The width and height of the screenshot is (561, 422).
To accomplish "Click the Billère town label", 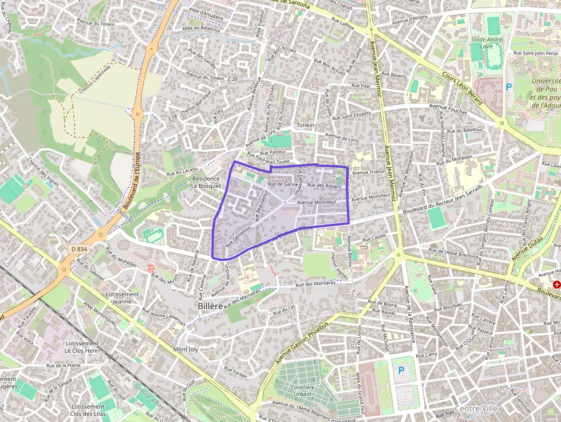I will [210, 306].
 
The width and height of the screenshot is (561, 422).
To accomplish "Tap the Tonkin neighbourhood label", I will [306, 125].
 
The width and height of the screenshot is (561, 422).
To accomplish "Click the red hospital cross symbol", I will [556, 285].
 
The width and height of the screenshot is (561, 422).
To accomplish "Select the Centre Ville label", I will [476, 408].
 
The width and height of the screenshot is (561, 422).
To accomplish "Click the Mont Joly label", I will [185, 349].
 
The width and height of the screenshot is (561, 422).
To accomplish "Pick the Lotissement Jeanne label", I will [123, 298].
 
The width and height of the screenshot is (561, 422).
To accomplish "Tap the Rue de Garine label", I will [283, 184].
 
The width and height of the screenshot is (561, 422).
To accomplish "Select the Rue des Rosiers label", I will [324, 186].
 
